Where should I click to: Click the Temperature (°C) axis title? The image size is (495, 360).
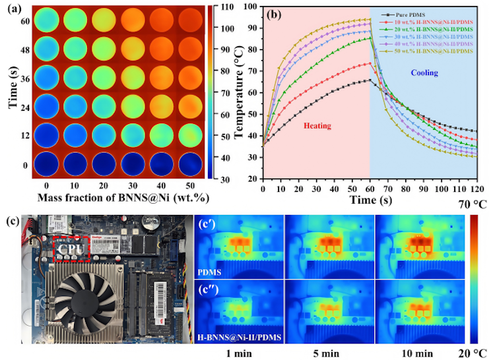[x=238, y=92]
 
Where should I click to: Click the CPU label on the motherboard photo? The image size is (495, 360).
[x=69, y=249]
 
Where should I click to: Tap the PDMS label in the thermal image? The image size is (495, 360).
[x=211, y=269]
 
